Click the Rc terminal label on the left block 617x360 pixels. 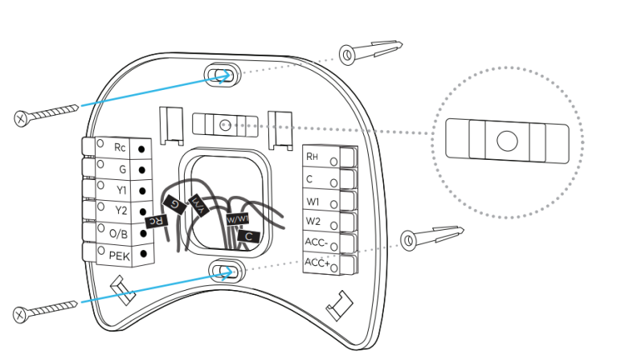120,148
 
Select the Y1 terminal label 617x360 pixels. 121,191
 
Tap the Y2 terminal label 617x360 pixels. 121,212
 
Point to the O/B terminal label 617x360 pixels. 118,234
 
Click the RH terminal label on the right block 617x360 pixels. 313,157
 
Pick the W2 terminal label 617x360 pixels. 313,221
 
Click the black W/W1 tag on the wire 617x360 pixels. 237,218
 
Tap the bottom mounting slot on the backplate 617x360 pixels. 223,270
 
